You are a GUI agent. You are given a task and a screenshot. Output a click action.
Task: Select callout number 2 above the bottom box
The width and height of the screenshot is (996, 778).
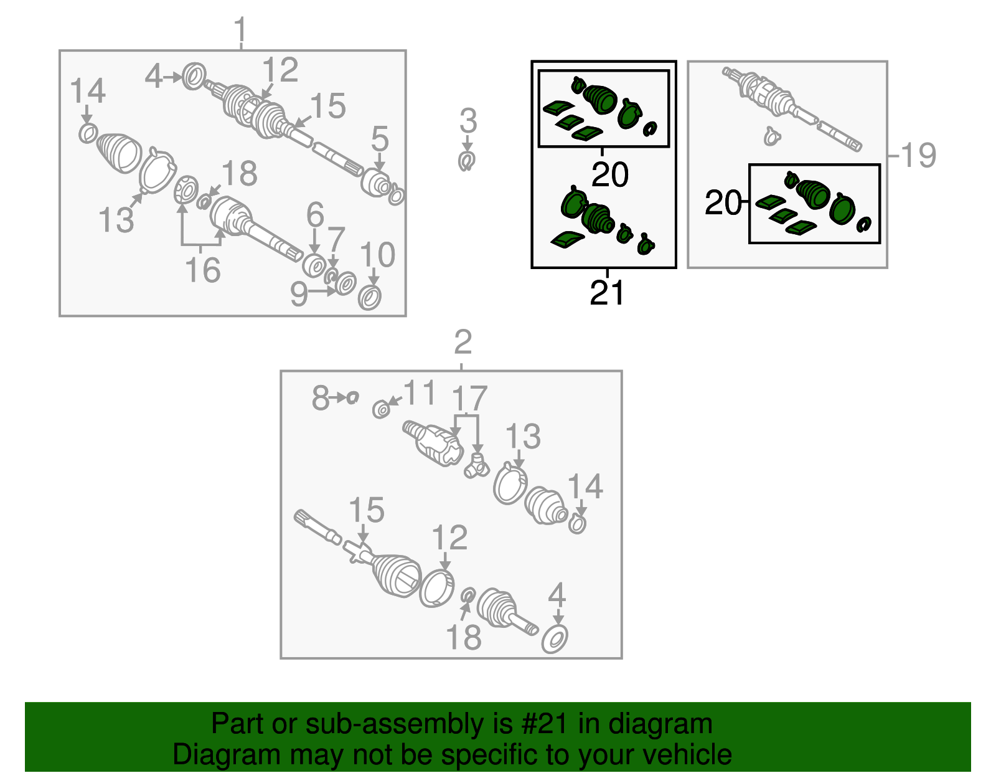[x=463, y=341]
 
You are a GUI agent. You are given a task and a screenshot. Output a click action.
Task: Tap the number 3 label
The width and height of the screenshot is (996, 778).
[x=468, y=120]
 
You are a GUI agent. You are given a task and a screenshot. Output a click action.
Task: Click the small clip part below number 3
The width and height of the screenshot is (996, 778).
[x=467, y=161]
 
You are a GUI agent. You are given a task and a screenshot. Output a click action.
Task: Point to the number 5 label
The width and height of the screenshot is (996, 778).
[x=380, y=138]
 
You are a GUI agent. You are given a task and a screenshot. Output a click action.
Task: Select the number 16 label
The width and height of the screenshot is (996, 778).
[x=202, y=270]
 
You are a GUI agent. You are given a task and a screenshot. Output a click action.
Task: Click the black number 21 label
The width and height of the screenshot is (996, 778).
[x=607, y=293]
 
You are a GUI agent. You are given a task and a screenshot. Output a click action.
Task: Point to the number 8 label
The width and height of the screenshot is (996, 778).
[x=321, y=397]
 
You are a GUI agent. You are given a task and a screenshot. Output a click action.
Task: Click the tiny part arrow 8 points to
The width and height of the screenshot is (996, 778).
[x=352, y=397]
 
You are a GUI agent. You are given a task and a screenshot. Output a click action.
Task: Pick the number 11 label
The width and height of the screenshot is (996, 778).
[x=419, y=392]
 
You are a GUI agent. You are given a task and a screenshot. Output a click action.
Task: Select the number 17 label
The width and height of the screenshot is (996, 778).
[x=469, y=398]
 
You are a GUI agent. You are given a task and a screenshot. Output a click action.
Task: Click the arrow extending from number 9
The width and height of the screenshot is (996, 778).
[x=321, y=291]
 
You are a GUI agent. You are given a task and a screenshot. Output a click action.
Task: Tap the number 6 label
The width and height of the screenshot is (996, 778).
[x=315, y=214]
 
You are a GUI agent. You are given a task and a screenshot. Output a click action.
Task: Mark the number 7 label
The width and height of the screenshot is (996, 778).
[x=336, y=239]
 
